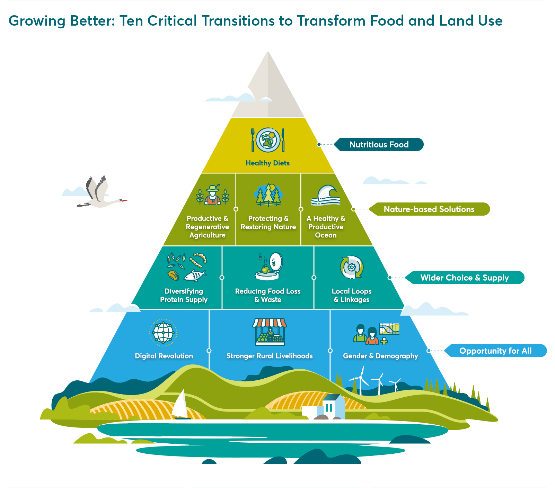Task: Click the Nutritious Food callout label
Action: tap(379, 144)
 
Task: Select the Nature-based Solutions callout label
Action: tap(429, 209)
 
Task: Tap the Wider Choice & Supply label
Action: tap(465, 278)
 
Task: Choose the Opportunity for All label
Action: tap(495, 351)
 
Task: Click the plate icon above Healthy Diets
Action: tap(268, 140)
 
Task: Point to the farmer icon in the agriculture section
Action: tap(213, 195)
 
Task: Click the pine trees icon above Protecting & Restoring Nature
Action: tap(268, 195)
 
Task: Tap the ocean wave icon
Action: tap(326, 196)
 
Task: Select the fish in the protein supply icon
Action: tap(195, 275)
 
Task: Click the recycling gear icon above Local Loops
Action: tap(352, 267)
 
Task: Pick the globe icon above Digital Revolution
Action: tap(163, 333)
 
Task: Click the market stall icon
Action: tap(270, 332)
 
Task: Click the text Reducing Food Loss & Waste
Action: tap(268, 295)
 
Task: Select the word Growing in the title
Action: tap(37, 21)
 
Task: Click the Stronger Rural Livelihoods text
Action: tap(270, 356)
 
